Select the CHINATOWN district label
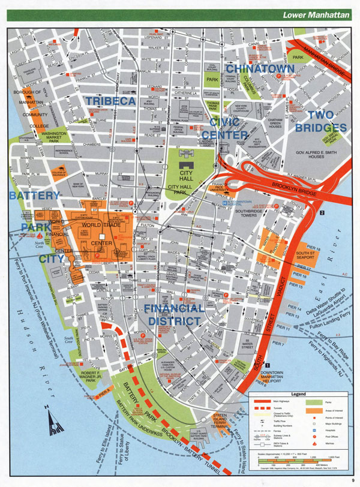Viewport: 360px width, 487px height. (260, 70)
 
